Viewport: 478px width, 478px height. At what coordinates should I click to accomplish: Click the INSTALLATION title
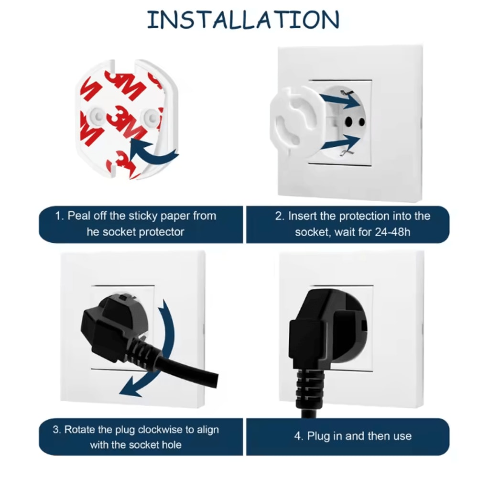tap(243, 20)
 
